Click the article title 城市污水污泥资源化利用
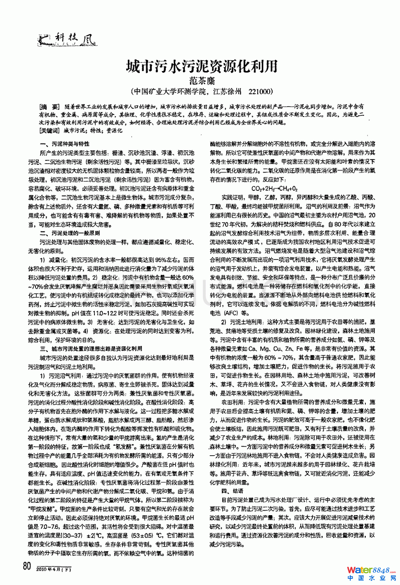pyautogui.click(x=202, y=66)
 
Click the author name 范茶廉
pyautogui.click(x=202, y=81)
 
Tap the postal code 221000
pyautogui.click(x=259, y=91)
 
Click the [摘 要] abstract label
pyautogui.click(x=49, y=107)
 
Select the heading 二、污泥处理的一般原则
pyautogui.click(x=70, y=233)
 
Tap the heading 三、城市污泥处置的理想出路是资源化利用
pyautogui.click(x=91, y=349)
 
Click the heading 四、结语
pyautogui.click(x=232, y=491)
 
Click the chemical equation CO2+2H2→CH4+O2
pyautogui.click(x=274, y=188)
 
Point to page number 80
pyautogui.click(x=27, y=566)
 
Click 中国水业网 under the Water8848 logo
pyautogui.click(x=371, y=578)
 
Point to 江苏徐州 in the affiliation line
pyautogui.click(x=227, y=91)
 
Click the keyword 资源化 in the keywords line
pyautogui.click(x=114, y=131)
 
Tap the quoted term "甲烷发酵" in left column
pyautogui.click(x=42, y=509)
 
